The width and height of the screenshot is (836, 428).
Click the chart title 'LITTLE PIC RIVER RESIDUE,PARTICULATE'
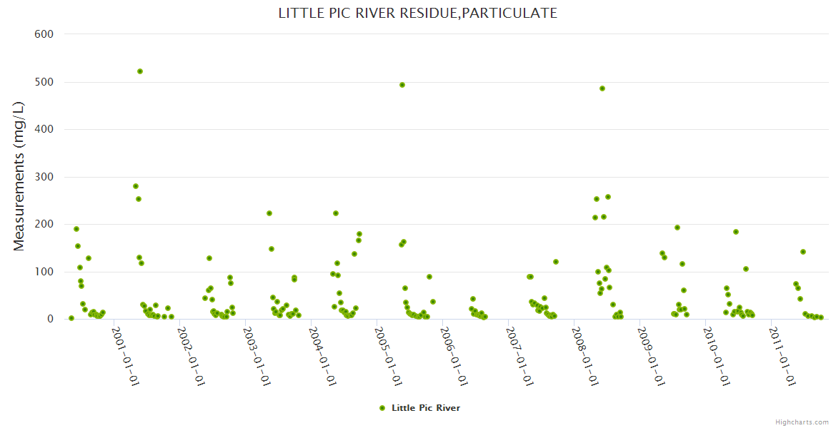418,13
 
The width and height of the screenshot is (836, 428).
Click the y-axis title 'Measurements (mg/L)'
19,175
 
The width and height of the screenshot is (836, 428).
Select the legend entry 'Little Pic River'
425,408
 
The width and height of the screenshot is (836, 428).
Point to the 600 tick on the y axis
44,34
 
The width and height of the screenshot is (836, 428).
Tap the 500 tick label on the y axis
44,82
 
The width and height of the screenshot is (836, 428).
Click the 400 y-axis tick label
44,129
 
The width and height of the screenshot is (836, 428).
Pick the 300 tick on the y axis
44,177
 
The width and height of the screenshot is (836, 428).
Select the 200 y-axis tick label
44,224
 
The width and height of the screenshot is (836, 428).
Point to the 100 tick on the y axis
44,272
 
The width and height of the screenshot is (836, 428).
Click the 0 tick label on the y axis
50,319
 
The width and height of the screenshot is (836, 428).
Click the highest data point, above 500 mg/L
140,71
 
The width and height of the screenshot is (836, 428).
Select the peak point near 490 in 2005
402,85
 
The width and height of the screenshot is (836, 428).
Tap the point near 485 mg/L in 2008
602,88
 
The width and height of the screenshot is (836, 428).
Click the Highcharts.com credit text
802,422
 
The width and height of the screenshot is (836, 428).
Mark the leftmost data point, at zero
71,318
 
